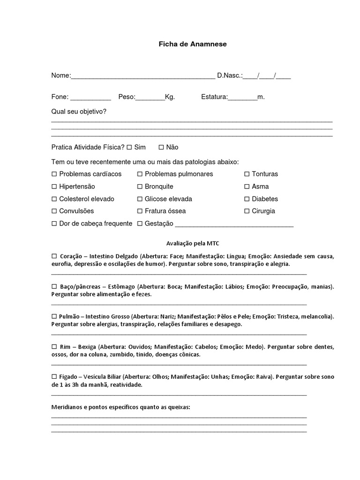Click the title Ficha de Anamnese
pos(192,44)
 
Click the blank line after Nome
pos(143,77)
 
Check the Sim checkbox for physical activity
pos(129,147)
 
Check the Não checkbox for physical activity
pos(161,147)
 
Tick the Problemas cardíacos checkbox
pos(54,174)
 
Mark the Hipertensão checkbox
pos(54,187)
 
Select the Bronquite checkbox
pos(140,187)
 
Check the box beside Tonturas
pos(247,174)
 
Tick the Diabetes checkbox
pos(247,199)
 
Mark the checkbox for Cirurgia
pos(247,211)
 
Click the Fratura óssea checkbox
pos(140,211)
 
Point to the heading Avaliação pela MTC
pos(192,243)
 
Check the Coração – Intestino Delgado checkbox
pos(54,256)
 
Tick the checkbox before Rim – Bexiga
pos(54,347)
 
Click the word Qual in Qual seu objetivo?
pos(58,112)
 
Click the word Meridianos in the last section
pos(66,407)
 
